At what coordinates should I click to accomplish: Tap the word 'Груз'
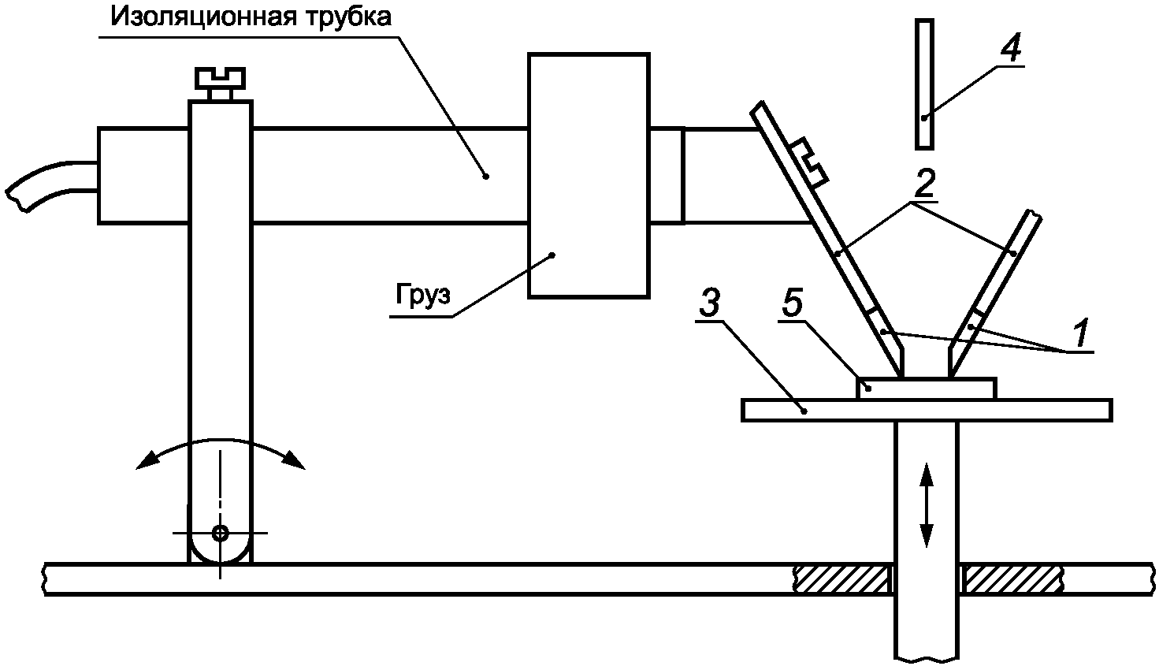[x=421, y=296]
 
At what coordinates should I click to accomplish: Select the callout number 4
[x=1011, y=49]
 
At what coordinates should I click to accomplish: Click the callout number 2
[x=923, y=184]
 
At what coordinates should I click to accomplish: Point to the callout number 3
[x=710, y=306]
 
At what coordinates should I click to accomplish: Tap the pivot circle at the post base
[x=220, y=533]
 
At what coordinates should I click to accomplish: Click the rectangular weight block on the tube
[x=589, y=175]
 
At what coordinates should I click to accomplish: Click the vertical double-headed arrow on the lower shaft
[x=926, y=504]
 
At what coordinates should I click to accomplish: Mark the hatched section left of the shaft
[x=841, y=579]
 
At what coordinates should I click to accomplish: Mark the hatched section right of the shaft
[x=1015, y=579]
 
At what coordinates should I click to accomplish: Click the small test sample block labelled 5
[x=926, y=389]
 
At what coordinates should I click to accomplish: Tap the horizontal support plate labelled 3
[x=926, y=410]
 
